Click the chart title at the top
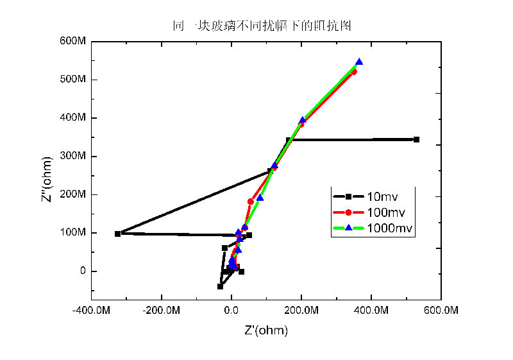pyautogui.click(x=262, y=26)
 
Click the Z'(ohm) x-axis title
pyautogui.click(x=266, y=331)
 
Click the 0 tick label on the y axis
pyautogui.click(x=81, y=271)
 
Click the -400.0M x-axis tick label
pyautogui.click(x=91, y=311)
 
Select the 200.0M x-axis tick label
pyautogui.click(x=301, y=311)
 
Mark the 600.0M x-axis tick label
pyautogui.click(x=441, y=311)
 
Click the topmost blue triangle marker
pyautogui.click(x=359, y=62)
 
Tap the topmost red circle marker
pyautogui.click(x=354, y=72)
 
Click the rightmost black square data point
pyautogui.click(x=416, y=139)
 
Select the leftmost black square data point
pyautogui.click(x=117, y=234)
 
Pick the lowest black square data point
pyautogui.click(x=220, y=286)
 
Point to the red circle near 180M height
pyautogui.click(x=251, y=201)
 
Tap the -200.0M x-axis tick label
pyautogui.click(x=161, y=311)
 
